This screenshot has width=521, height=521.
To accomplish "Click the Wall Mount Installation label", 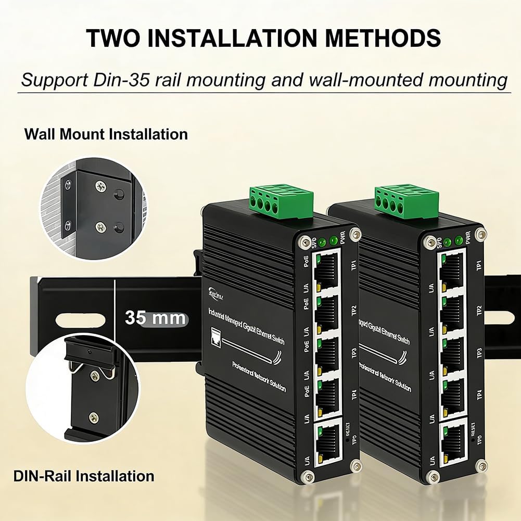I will pos(106,134).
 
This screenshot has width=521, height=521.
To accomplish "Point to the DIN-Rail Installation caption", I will pos(84,475).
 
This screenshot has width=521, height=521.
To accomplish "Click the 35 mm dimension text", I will pos(155,317).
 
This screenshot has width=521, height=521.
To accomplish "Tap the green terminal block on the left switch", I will pos(282,202).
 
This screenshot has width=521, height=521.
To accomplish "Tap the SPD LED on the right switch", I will pos(448,242).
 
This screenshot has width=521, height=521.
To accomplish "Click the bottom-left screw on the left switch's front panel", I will pos(309,475).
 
